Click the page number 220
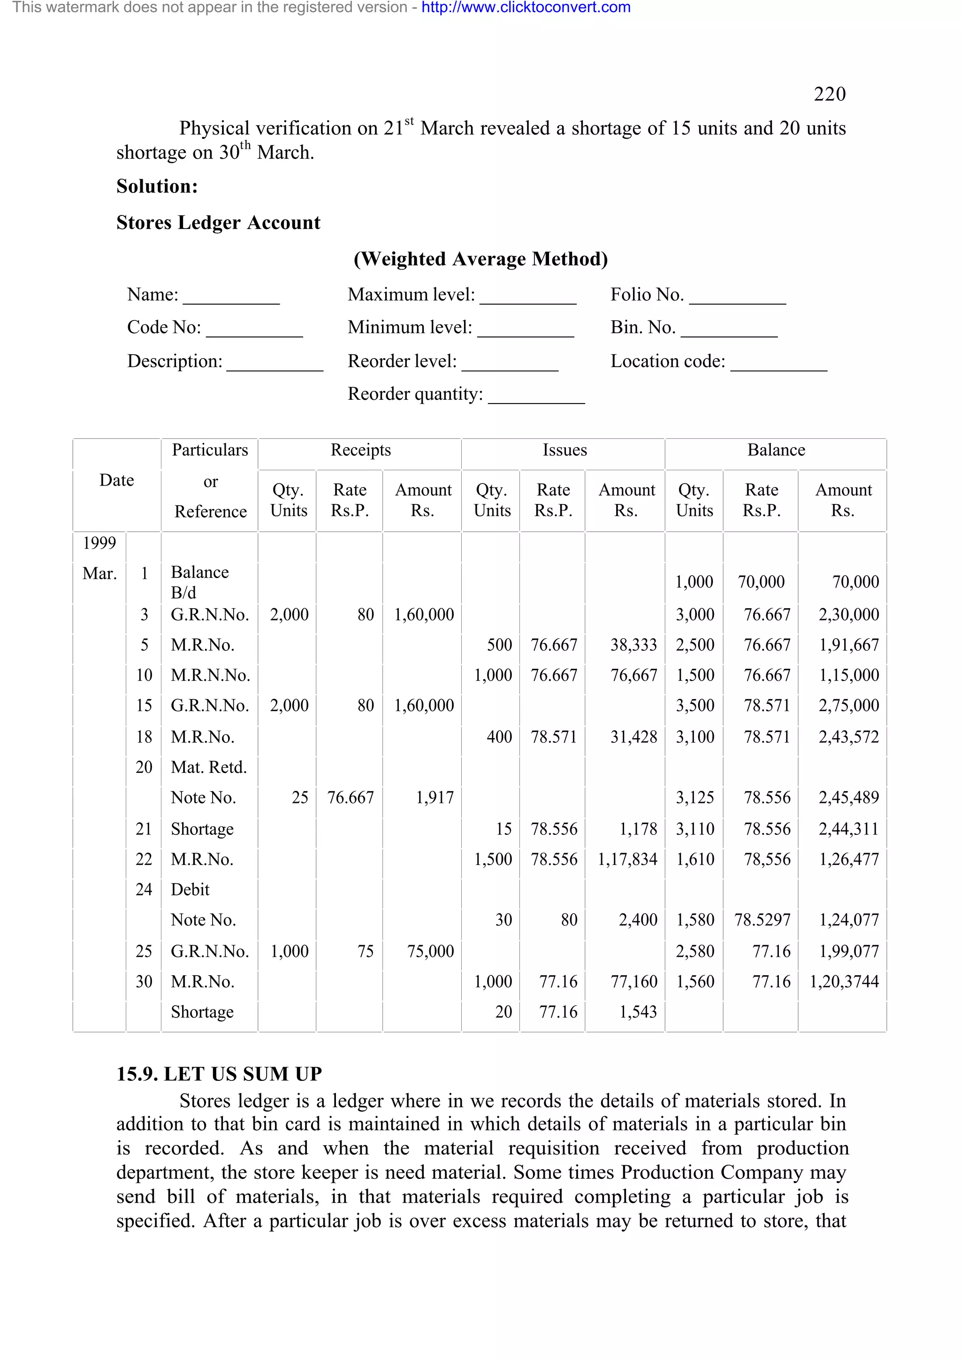(829, 94)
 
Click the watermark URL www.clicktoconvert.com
(526, 8)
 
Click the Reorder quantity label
(415, 394)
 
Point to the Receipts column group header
(360, 450)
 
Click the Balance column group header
(776, 450)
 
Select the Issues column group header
(564, 450)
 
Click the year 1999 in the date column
(99, 542)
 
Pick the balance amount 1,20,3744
(844, 981)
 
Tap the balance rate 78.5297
(762, 920)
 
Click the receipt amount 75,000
(430, 951)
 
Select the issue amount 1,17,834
(627, 859)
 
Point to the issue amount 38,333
(633, 645)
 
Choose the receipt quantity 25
(300, 798)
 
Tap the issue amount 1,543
(638, 1012)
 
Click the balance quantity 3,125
(694, 798)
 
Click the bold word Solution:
(157, 187)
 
